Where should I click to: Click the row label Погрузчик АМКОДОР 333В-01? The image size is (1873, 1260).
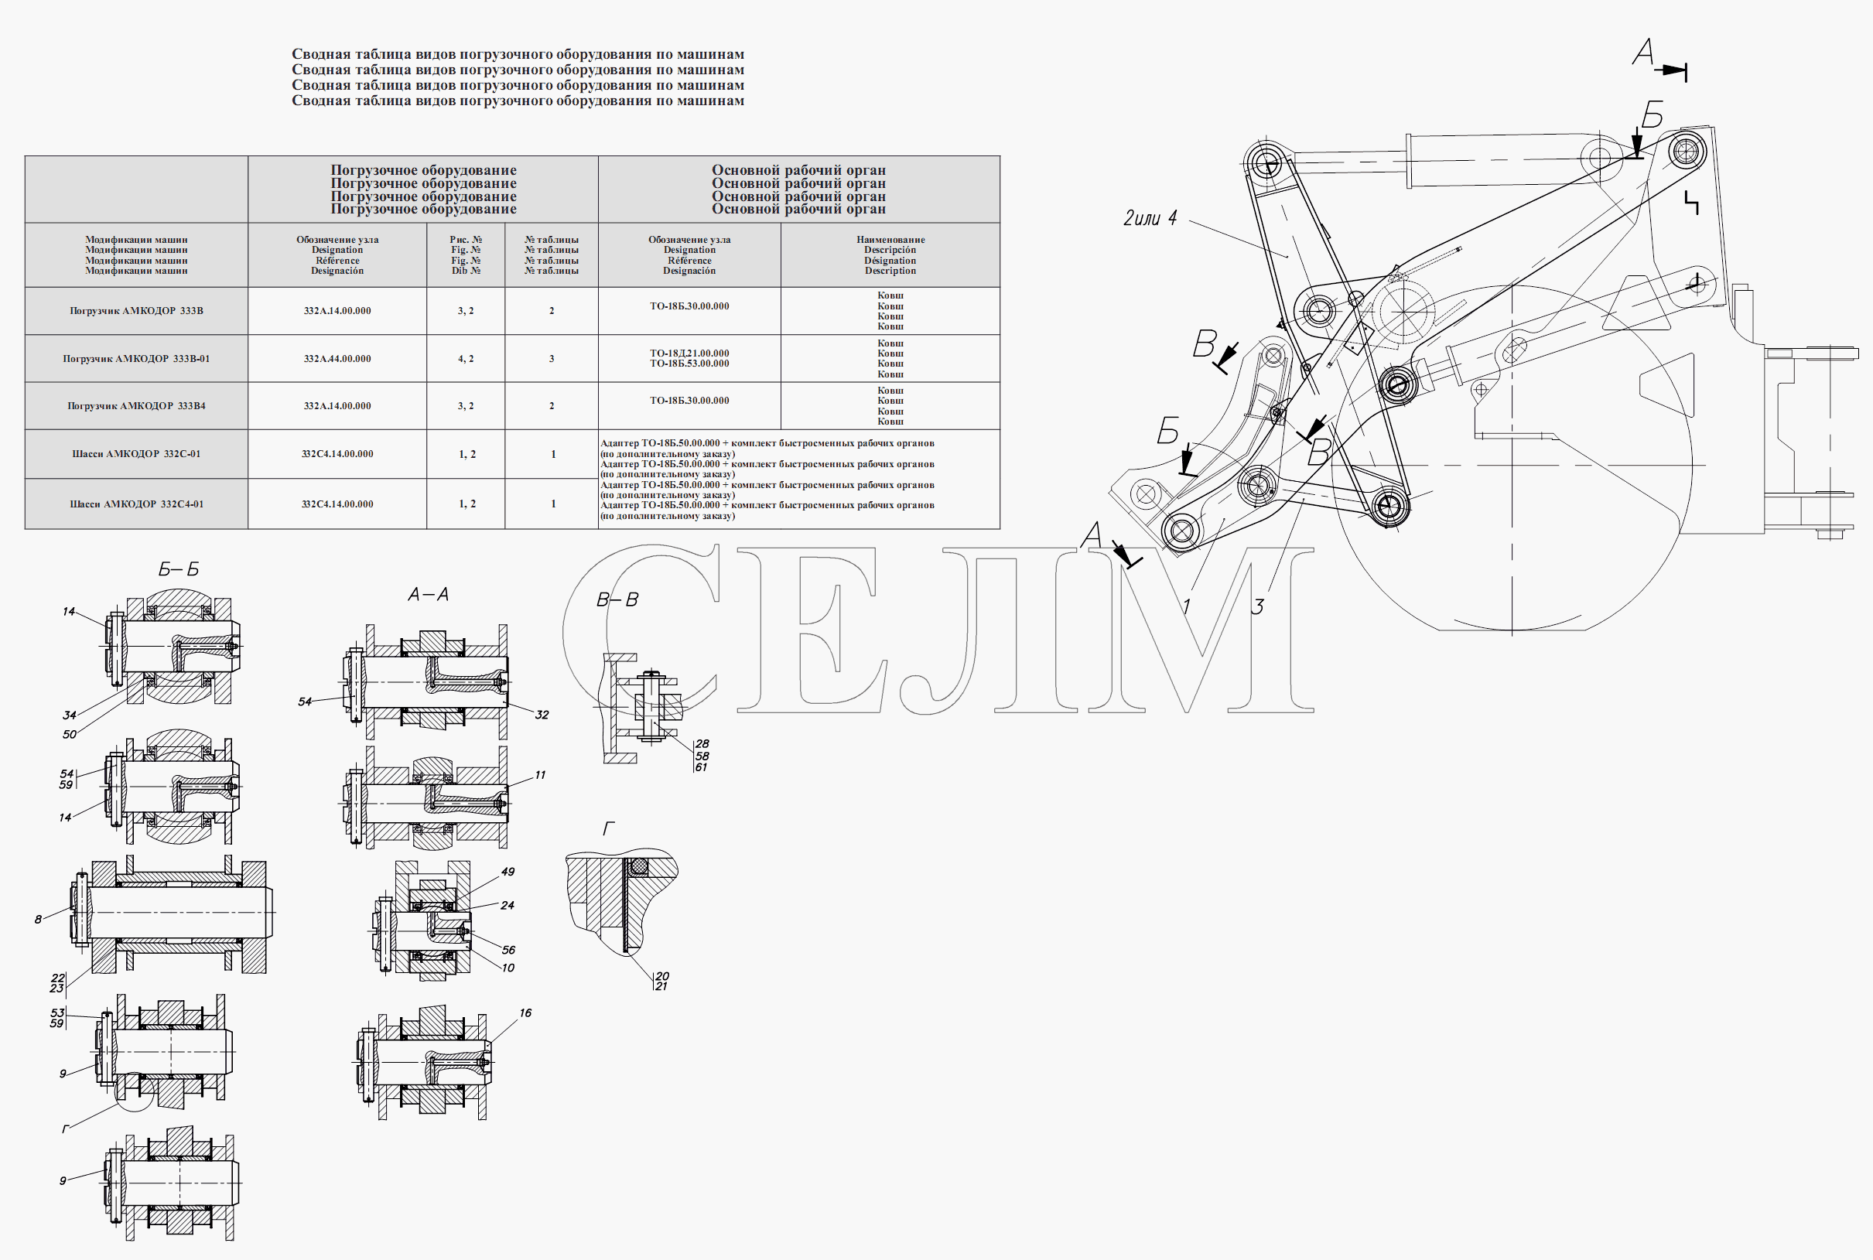pos(136,358)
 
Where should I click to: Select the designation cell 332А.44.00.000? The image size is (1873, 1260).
pos(337,358)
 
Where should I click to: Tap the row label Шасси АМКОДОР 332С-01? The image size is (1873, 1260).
pos(136,454)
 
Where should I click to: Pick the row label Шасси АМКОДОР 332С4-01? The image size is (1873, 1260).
pos(136,504)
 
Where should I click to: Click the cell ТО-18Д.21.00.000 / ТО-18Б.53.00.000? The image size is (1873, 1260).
pos(689,358)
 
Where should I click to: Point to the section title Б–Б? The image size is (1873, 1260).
pos(179,569)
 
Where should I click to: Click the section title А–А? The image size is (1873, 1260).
pos(429,594)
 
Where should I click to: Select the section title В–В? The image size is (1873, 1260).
pos(617,599)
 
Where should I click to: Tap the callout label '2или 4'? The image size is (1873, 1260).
pos(1150,218)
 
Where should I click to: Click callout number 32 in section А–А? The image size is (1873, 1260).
pos(542,715)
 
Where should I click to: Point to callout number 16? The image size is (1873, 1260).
pos(525,1012)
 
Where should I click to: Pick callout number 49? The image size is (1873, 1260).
pos(508,871)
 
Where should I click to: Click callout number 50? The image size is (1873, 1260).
pos(70,734)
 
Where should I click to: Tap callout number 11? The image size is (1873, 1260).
pos(540,775)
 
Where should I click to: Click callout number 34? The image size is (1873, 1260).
pos(70,715)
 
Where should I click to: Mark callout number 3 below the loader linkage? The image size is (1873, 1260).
pos(1257,606)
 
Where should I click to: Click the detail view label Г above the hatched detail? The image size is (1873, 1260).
pos(608,828)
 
